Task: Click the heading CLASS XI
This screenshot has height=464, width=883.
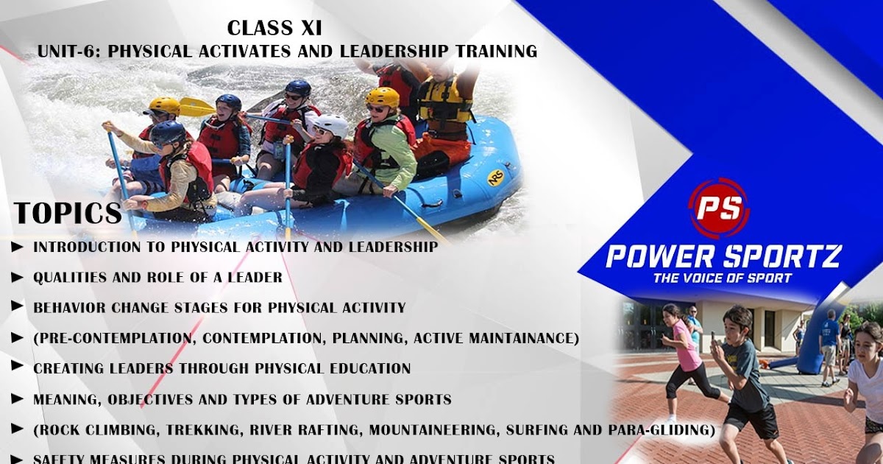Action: (274, 28)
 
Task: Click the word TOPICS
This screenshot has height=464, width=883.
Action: (68, 213)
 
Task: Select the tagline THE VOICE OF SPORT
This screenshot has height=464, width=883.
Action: (722, 278)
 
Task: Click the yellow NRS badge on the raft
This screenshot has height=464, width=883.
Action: (496, 177)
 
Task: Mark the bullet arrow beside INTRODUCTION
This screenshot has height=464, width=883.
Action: (17, 247)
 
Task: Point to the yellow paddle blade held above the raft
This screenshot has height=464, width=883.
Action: (196, 108)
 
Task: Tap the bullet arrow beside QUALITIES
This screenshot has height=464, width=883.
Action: (17, 278)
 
